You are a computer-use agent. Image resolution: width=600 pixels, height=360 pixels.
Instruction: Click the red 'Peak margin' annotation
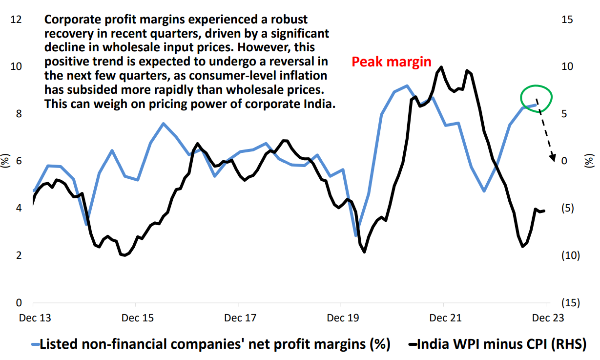(x=392, y=62)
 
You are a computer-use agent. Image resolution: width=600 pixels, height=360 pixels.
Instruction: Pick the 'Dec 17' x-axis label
(x=240, y=318)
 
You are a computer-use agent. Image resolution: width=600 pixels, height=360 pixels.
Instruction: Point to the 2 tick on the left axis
(x=18, y=255)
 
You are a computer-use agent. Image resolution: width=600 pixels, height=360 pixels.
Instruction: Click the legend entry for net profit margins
(x=215, y=344)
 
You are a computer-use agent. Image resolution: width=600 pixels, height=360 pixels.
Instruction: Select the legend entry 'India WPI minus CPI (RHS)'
(x=503, y=344)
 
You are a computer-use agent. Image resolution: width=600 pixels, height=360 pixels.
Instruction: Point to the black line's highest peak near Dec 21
(x=441, y=67)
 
